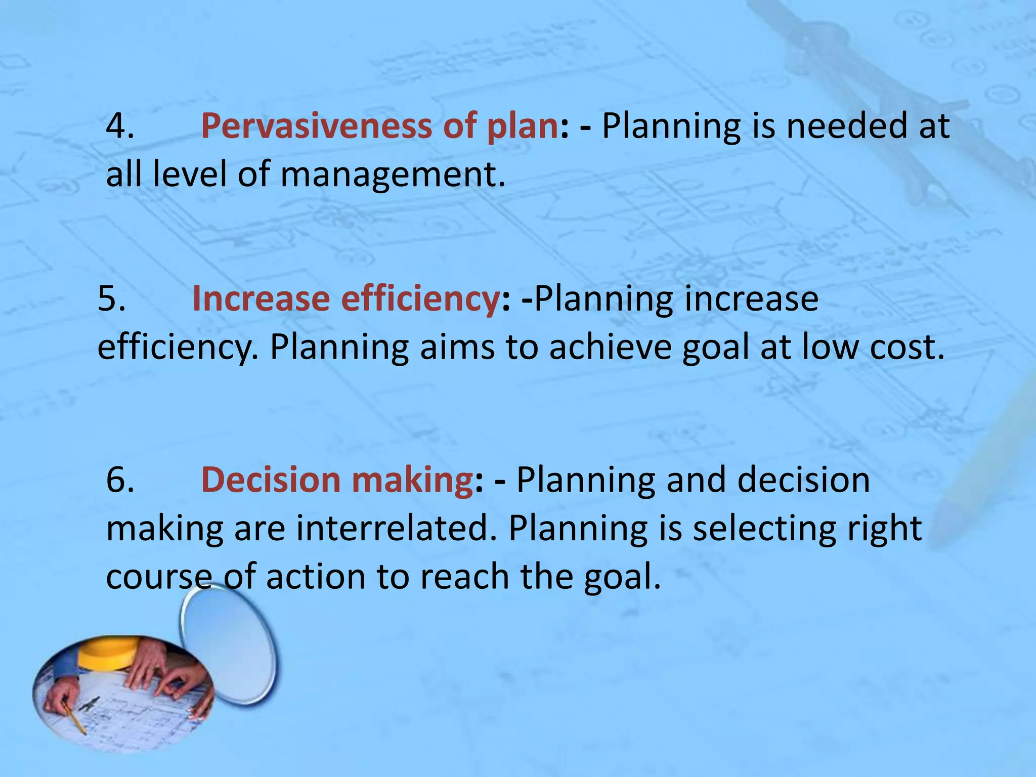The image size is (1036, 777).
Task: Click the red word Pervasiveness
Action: (316, 125)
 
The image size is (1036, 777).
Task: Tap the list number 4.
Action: (119, 125)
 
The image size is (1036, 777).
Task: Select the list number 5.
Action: (111, 298)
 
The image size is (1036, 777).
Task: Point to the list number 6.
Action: (119, 480)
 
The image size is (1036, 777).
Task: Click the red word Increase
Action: (260, 298)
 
